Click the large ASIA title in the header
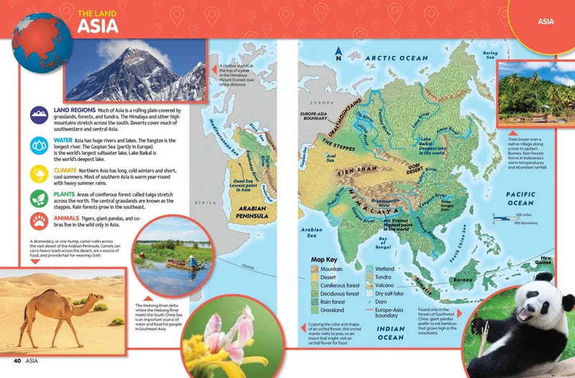(100, 27)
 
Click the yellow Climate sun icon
(38, 174)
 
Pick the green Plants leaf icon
(38, 199)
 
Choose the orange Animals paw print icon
(38, 220)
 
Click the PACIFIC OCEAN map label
(520, 198)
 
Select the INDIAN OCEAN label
(392, 333)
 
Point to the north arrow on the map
(338, 52)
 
